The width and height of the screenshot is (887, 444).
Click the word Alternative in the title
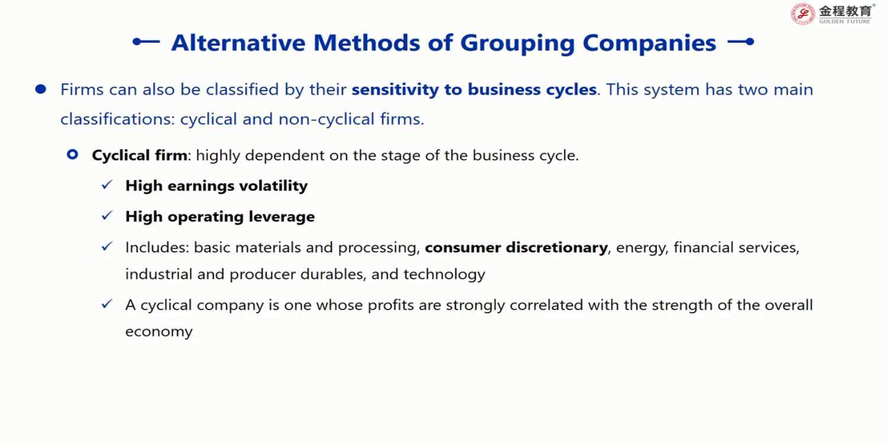click(238, 43)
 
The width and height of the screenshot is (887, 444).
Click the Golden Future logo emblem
click(802, 14)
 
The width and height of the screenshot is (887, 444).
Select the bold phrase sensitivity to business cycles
click(474, 89)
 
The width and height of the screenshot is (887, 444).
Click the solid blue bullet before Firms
click(40, 89)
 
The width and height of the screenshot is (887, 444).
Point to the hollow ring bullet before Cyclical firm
click(73, 154)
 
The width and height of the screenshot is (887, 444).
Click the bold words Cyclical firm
click(140, 155)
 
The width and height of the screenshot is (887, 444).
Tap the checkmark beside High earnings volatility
click(107, 185)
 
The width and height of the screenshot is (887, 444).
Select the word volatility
click(273, 186)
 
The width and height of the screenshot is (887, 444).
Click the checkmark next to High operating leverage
click(107, 215)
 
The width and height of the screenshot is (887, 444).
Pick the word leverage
click(281, 217)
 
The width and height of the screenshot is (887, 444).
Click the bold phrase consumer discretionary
click(516, 248)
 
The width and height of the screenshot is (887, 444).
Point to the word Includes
click(157, 247)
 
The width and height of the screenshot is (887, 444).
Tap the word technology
click(444, 274)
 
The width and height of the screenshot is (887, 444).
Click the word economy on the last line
click(159, 332)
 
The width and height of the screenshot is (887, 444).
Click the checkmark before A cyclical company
click(107, 304)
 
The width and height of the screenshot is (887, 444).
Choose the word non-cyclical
click(326, 119)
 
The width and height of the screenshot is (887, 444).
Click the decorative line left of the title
click(146, 41)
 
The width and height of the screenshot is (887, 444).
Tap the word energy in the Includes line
click(642, 248)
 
